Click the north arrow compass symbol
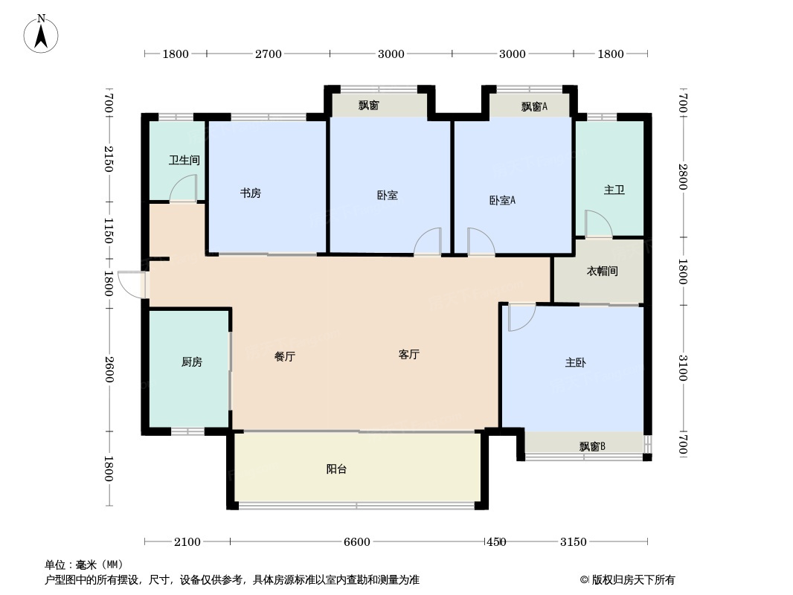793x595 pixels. point(42,33)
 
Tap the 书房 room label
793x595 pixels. point(250,193)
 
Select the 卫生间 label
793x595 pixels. point(184,160)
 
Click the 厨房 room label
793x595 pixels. point(191,362)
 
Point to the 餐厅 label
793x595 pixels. point(285,356)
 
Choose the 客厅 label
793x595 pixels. point(409,355)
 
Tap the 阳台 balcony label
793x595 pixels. point(336,469)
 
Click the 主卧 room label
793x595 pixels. point(575,363)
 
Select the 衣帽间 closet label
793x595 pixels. point(603,271)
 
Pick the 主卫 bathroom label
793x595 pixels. point(614,190)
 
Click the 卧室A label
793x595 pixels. point(502,200)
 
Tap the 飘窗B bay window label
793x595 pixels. point(592,447)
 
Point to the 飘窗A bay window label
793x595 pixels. point(533,106)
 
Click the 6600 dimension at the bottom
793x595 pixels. point(356,542)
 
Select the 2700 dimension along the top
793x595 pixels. point(269,54)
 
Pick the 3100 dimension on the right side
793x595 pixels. point(682,368)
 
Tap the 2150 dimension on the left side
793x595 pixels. point(109,159)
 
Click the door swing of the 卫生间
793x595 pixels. point(184,189)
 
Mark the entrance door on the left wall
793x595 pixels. point(132,285)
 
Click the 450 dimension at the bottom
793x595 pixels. point(495,542)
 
